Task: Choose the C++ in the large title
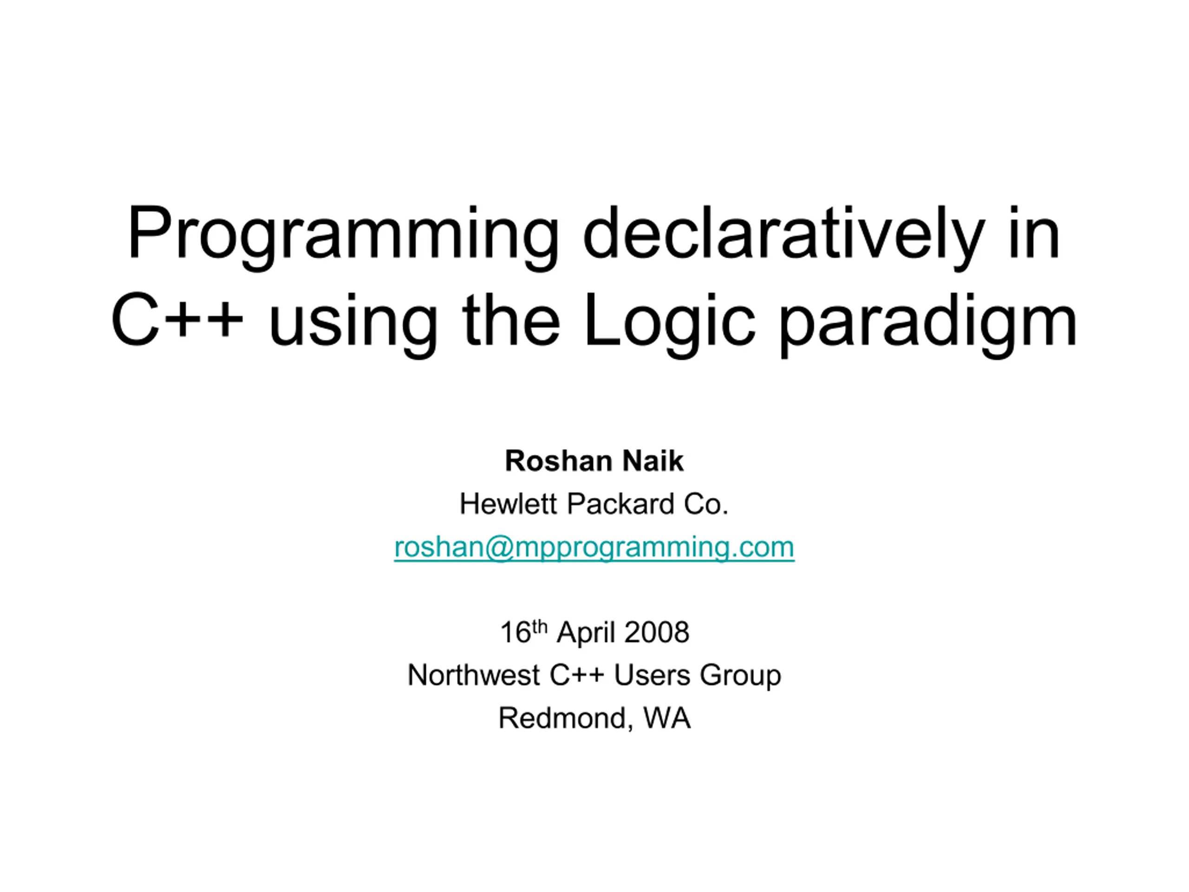(178, 320)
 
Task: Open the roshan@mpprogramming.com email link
(594, 547)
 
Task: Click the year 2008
(657, 632)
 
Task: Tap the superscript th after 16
(540, 626)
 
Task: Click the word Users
(652, 676)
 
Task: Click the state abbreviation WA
(666, 718)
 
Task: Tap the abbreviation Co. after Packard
(706, 505)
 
